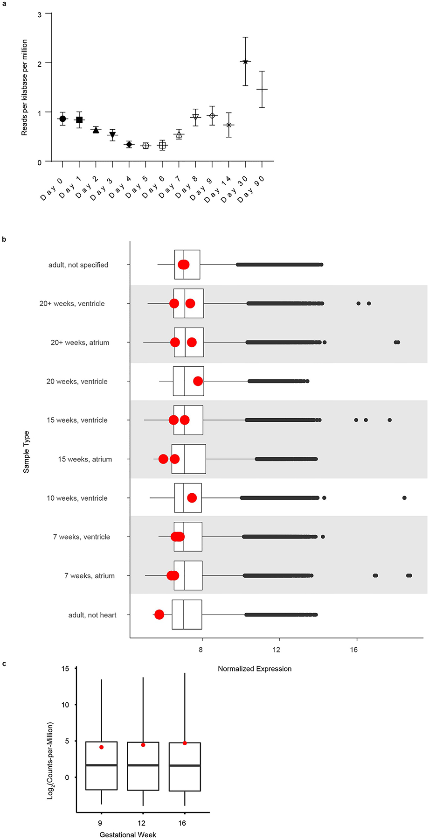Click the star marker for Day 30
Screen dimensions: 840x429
(x=245, y=62)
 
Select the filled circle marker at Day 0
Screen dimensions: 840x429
(x=62, y=119)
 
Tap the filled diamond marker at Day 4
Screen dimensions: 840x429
(x=129, y=144)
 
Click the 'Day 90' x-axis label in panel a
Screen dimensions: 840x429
(x=251, y=189)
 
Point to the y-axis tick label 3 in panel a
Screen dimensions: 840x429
(x=40, y=15)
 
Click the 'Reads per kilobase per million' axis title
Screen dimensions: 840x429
(x=25, y=88)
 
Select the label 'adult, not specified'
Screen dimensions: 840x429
(x=78, y=265)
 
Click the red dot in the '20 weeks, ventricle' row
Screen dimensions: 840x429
(x=198, y=381)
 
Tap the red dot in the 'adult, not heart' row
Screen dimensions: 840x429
(x=159, y=615)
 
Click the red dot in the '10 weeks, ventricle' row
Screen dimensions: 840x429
(x=192, y=498)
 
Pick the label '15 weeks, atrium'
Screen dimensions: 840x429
(x=85, y=459)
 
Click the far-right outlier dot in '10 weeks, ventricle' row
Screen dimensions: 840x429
(x=404, y=498)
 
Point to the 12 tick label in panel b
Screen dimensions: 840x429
(x=277, y=650)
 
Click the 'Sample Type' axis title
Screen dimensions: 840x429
(x=27, y=452)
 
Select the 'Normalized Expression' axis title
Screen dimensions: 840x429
(x=255, y=669)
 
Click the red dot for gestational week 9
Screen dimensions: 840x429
(x=101, y=747)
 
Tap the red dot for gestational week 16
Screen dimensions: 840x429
(x=185, y=743)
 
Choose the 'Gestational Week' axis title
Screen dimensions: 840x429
(x=128, y=834)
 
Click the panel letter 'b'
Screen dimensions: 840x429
(x=4, y=239)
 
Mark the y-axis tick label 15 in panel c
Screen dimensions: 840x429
(x=65, y=669)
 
